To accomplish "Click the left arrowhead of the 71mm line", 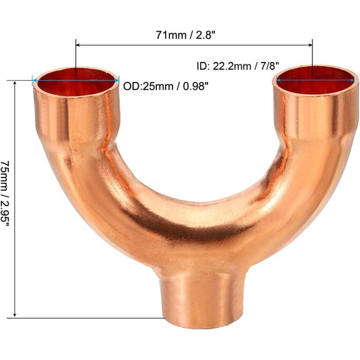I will click(78, 44).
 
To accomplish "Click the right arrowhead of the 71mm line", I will click(310, 44).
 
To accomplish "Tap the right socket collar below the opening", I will click(316, 112).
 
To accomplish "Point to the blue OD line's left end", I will click(34, 79).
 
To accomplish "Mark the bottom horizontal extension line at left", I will click(87, 319).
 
